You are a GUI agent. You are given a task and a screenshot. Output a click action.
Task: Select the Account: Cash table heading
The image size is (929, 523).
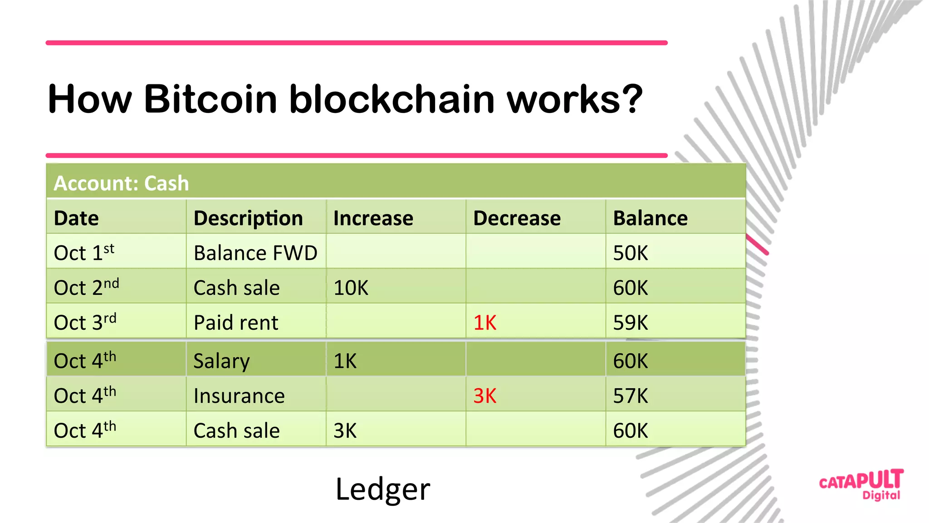(x=121, y=183)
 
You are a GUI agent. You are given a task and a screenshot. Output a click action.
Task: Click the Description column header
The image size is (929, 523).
(x=248, y=218)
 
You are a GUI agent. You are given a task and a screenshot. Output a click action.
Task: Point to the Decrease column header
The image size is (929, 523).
(x=517, y=218)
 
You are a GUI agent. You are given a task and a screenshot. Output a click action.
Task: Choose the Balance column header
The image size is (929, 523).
(x=650, y=218)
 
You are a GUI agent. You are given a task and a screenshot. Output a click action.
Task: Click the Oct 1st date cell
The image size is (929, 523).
(x=84, y=252)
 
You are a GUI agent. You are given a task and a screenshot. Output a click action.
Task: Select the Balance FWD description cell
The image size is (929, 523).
(x=255, y=253)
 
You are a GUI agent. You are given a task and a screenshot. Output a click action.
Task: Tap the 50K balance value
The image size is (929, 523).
(x=631, y=253)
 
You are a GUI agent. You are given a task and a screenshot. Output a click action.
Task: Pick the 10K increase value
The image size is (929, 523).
(x=351, y=288)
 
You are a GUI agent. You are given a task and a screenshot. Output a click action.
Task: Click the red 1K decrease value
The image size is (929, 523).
(x=484, y=323)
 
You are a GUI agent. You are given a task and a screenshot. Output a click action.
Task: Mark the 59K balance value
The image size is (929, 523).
(x=631, y=323)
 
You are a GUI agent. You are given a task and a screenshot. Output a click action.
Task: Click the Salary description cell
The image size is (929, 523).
(x=221, y=361)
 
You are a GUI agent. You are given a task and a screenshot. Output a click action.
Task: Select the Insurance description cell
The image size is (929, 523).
(x=239, y=396)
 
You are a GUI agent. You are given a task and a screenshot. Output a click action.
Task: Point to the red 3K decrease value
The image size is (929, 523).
(x=484, y=396)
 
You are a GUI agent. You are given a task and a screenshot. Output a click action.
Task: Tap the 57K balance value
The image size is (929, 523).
(x=631, y=396)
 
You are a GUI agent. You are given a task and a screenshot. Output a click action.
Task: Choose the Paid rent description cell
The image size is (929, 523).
(x=236, y=323)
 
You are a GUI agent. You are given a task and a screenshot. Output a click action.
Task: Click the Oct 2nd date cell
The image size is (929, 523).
(x=86, y=287)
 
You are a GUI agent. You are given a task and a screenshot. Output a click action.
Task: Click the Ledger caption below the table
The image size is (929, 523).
(x=382, y=489)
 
